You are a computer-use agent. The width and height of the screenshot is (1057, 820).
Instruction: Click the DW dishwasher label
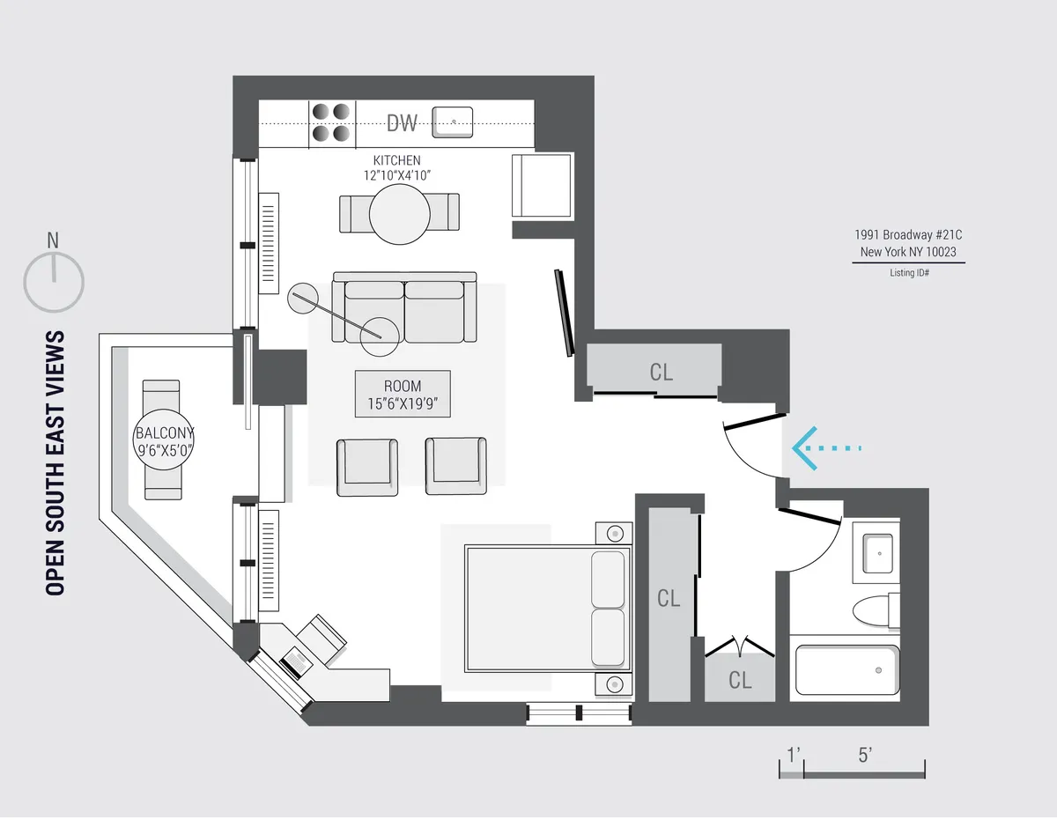(x=402, y=123)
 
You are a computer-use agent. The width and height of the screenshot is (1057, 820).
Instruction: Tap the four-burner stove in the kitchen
(x=331, y=123)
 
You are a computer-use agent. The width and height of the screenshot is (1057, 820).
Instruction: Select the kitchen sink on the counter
(x=453, y=122)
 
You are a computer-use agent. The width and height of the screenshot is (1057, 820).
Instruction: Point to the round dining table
(x=399, y=214)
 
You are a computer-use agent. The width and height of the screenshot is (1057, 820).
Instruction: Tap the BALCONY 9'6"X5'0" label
(x=164, y=441)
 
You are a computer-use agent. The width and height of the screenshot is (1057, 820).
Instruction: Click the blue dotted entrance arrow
(x=824, y=448)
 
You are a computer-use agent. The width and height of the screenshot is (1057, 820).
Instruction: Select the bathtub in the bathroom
(x=846, y=671)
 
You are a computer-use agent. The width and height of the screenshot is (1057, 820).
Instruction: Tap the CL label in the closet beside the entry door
(x=661, y=373)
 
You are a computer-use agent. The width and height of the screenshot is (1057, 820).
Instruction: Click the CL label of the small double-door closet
(x=740, y=680)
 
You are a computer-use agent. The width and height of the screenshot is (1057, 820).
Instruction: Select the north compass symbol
(x=54, y=279)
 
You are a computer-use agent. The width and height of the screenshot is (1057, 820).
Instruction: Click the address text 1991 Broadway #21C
(x=908, y=235)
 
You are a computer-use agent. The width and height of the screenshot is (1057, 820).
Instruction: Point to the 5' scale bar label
(x=864, y=755)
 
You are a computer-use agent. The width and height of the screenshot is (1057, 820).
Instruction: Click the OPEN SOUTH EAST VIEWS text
(x=55, y=463)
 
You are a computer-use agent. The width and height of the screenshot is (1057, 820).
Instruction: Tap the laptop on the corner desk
(x=295, y=659)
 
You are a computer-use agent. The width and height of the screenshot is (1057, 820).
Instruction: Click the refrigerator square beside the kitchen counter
(x=542, y=184)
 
